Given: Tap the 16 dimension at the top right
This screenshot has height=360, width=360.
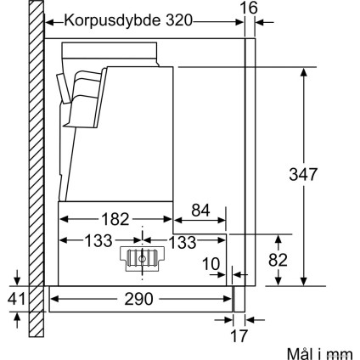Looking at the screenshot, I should [x=249, y=8].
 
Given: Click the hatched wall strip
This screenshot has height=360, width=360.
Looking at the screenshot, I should [x=35, y=170].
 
